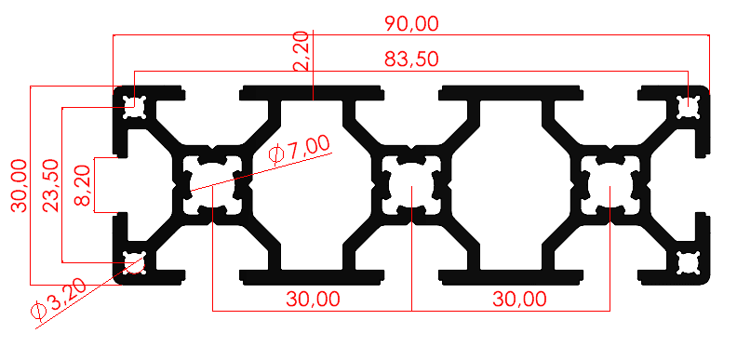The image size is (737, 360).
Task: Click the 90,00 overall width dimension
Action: (x=411, y=23)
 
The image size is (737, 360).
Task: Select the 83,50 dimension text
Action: (x=411, y=60)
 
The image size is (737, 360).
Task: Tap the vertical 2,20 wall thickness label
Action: (x=301, y=51)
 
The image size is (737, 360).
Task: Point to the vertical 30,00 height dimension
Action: (x=20, y=186)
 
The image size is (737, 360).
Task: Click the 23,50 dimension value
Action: (x=51, y=186)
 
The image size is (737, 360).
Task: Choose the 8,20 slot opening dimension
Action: (x=82, y=186)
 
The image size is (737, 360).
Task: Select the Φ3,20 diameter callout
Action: (x=59, y=300)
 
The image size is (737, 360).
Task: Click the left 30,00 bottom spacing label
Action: (x=313, y=299)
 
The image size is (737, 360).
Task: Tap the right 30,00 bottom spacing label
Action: (x=519, y=299)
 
